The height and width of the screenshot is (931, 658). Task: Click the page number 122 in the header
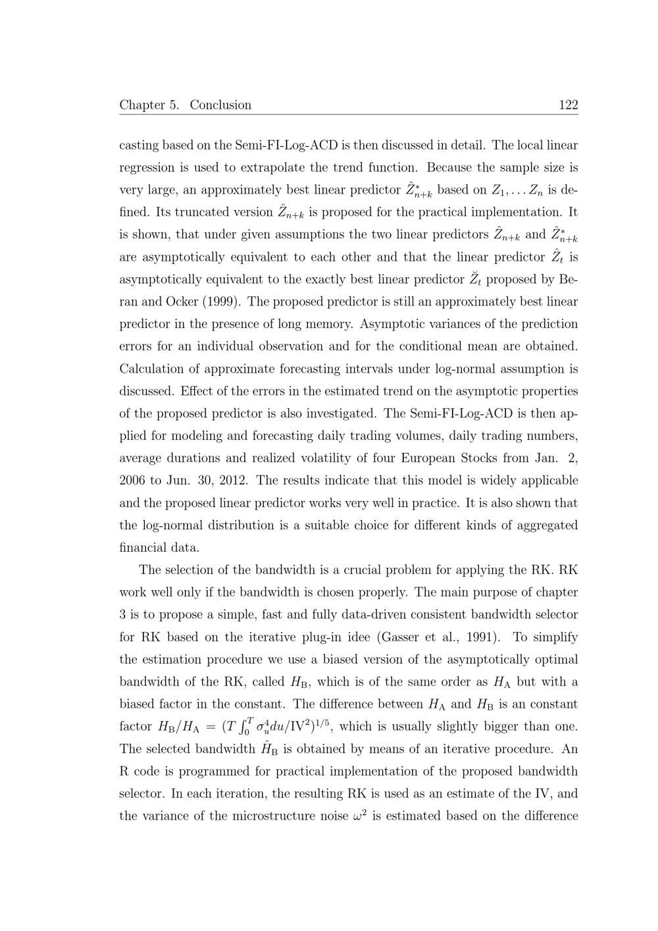pos(568,105)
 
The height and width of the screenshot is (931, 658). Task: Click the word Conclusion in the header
pos(220,105)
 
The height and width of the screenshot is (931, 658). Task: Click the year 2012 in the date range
pos(233,480)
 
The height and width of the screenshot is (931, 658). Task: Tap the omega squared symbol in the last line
pos(359,815)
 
